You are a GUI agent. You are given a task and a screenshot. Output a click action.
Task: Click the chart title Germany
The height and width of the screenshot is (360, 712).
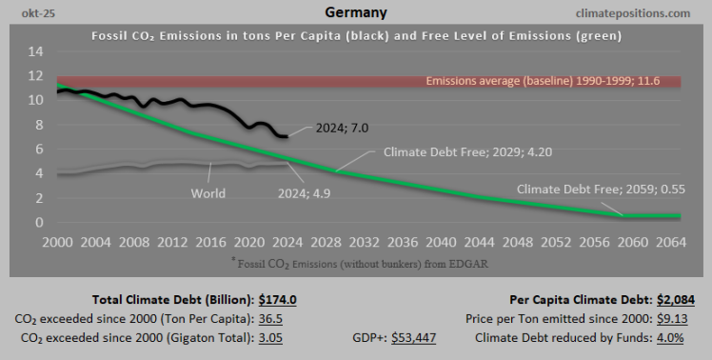point(355,12)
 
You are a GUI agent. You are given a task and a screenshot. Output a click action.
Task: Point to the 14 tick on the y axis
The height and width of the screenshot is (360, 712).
point(34,50)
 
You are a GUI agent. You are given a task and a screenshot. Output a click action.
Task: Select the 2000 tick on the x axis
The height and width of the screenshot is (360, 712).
point(59,242)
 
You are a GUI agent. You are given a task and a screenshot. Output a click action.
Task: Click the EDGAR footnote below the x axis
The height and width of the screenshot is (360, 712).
point(355,261)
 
